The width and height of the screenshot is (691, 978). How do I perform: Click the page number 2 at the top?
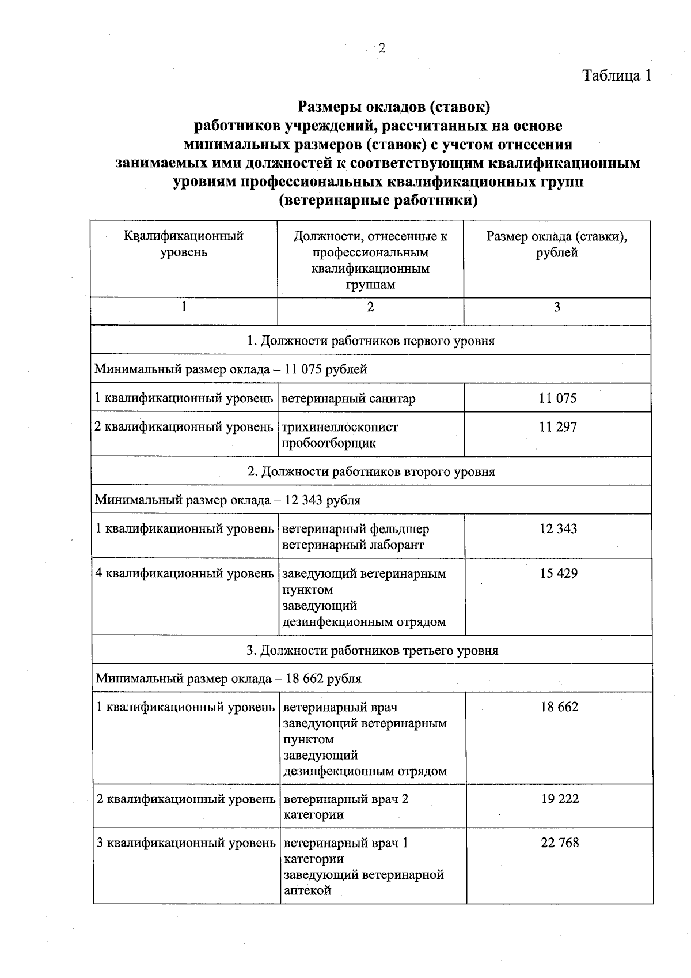(381, 49)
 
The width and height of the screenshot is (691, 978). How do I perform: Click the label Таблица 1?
(617, 76)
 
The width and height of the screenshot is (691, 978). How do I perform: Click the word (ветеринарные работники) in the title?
(378, 201)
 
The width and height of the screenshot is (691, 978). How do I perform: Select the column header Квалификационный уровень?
(184, 244)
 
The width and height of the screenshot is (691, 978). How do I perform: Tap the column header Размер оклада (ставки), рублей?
(556, 244)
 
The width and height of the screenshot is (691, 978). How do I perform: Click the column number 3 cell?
(557, 307)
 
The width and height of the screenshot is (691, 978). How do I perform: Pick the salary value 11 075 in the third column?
(557, 398)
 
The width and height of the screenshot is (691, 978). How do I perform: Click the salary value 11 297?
(557, 428)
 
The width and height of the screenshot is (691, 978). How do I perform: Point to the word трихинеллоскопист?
(340, 428)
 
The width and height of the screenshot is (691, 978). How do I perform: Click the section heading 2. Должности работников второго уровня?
(371, 472)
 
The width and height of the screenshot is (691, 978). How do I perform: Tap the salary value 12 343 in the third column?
(558, 529)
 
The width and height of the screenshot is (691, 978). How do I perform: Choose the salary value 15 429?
(559, 574)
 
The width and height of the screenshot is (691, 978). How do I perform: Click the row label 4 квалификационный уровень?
(185, 574)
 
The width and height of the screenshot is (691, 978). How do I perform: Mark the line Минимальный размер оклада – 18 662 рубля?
(229, 678)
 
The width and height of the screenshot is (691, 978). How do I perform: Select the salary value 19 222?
(560, 799)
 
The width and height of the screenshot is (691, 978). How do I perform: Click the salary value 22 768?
(560, 843)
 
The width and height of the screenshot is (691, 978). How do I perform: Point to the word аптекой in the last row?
(307, 890)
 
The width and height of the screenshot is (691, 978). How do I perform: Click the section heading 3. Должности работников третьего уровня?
(372, 651)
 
